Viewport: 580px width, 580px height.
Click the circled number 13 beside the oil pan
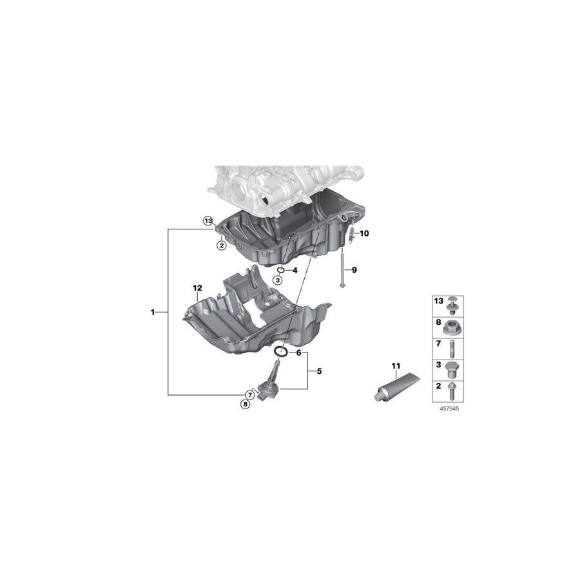pos(208,220)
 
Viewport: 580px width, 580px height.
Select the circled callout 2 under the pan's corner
pos(220,245)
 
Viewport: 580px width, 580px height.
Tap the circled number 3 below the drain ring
pos(277,280)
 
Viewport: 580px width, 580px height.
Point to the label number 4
pos(295,270)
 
